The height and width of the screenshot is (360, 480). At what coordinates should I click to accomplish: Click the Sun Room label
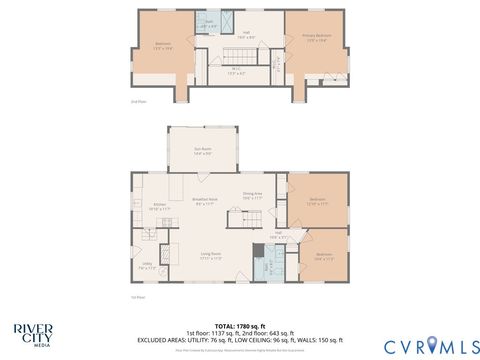tap(203, 151)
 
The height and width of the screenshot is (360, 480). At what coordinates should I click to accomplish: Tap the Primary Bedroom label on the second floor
tap(316, 38)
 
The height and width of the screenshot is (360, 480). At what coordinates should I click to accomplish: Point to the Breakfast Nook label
tap(205, 201)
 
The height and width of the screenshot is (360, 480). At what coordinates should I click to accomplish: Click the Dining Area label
tap(252, 195)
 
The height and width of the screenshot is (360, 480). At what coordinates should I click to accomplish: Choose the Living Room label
tap(210, 256)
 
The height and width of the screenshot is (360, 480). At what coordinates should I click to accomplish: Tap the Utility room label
tap(146, 266)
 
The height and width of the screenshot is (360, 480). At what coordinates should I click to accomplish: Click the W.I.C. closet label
tap(236, 72)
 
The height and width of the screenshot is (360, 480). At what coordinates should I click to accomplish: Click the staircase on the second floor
tap(237, 52)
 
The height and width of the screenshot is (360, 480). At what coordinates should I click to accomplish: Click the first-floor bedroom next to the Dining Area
tap(318, 201)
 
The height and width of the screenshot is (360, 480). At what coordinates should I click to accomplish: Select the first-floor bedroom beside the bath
tap(324, 255)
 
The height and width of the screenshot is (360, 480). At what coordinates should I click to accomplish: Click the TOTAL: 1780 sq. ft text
tap(240, 325)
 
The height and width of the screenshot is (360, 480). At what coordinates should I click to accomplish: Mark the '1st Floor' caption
tap(138, 297)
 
